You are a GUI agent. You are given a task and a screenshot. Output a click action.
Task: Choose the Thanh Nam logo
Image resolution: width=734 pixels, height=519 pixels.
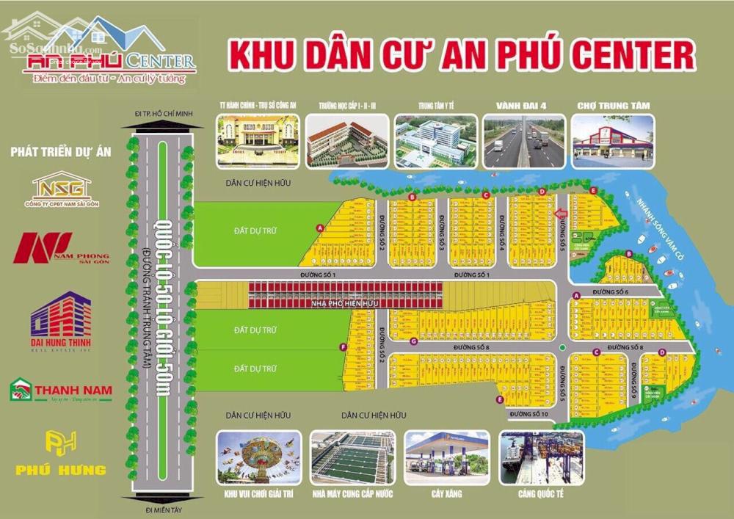(x=60, y=390)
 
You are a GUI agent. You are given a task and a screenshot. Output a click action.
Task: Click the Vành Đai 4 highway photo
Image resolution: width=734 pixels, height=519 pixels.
(x=524, y=141)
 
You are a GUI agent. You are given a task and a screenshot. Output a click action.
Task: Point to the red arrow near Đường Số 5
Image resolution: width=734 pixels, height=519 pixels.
(x=562, y=214)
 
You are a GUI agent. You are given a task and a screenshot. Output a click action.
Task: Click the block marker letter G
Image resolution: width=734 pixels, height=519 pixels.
(x=414, y=341)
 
